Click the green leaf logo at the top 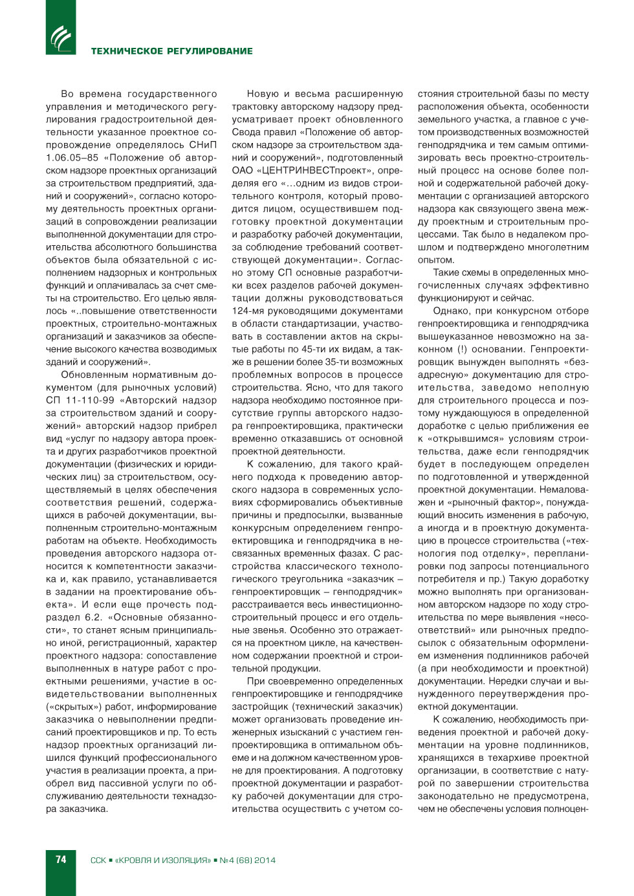61,38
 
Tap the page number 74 61,859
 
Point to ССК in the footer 98,860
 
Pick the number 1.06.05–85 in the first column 72,158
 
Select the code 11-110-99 90,400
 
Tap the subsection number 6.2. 94,617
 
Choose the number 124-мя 248,311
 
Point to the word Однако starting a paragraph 451,311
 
